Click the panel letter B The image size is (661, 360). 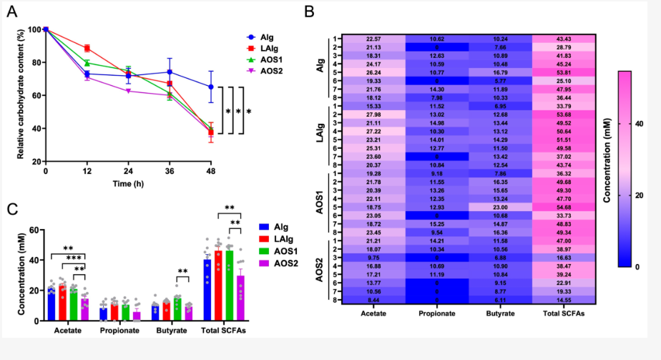tap(308, 12)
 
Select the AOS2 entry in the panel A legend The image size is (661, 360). tap(267, 71)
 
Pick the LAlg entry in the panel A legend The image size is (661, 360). tap(267, 48)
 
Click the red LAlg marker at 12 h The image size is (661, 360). tap(87, 48)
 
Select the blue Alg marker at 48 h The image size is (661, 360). tap(211, 87)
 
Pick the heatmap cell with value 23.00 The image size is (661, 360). tap(501, 207)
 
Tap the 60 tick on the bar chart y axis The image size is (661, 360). tap(34, 230)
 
